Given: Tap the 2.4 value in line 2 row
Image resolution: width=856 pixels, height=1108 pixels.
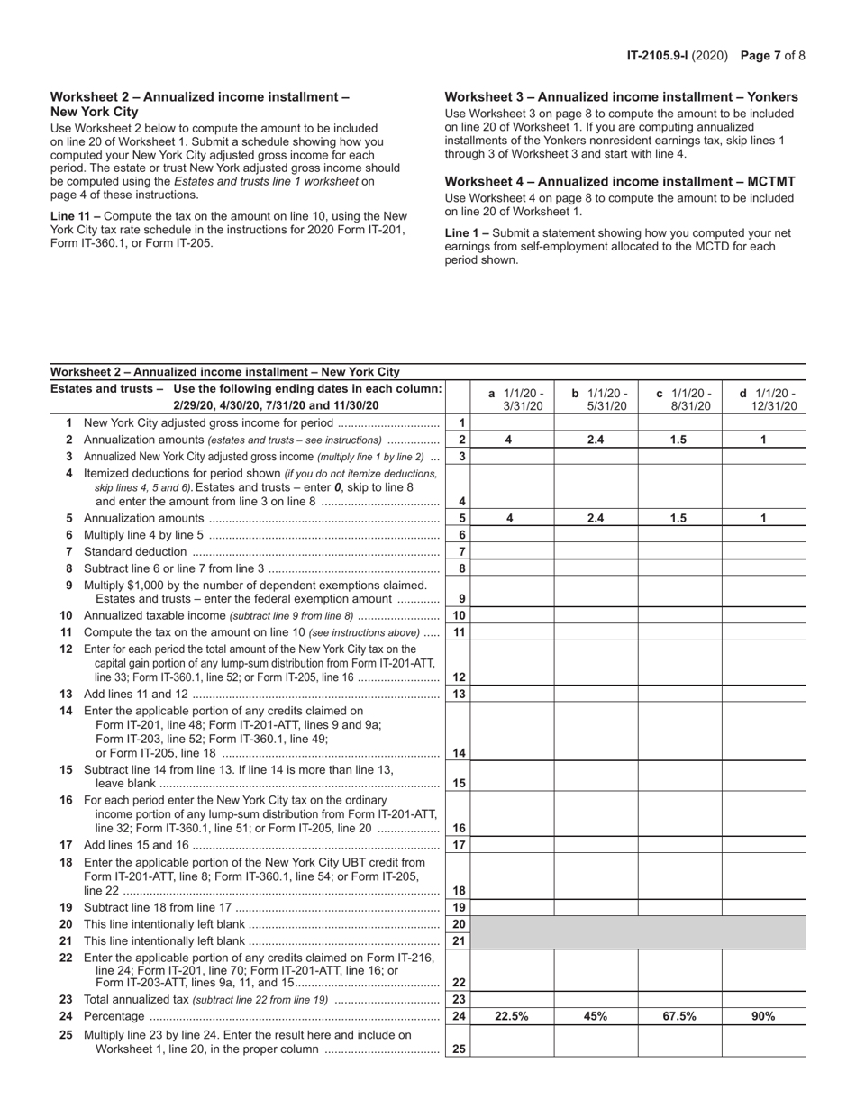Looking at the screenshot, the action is [x=596, y=440].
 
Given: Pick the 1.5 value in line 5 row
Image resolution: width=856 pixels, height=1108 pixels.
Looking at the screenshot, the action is [x=679, y=518].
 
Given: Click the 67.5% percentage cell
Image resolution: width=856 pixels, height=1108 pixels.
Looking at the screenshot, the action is [x=679, y=1016].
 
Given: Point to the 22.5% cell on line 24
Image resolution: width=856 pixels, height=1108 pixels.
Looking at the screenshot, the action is [x=512, y=1016].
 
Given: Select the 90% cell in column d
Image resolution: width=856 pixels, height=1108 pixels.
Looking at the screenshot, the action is [x=763, y=1016].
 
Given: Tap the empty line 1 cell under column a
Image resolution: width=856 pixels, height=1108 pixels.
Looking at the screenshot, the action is [x=512, y=422].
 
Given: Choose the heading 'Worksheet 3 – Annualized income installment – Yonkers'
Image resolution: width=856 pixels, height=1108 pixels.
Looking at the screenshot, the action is [x=621, y=97].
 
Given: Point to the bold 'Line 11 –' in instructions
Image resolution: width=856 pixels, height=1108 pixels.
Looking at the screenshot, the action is [x=76, y=216].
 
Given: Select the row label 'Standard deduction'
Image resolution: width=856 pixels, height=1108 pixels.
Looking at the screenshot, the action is [x=135, y=551].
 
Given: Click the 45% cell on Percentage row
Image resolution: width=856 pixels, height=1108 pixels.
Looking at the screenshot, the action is [x=596, y=1016].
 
